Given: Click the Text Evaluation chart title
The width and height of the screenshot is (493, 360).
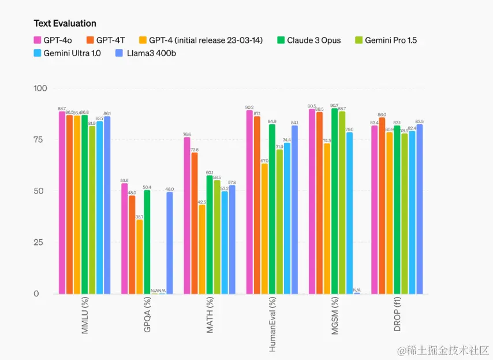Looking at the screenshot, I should pyautogui.click(x=65, y=23).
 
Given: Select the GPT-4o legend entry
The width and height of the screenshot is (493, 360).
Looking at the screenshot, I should pyautogui.click(x=57, y=40).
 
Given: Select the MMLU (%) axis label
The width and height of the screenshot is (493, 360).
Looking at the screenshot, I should pyautogui.click(x=84, y=316).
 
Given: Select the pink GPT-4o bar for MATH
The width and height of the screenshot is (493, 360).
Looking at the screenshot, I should pyautogui.click(x=187, y=215).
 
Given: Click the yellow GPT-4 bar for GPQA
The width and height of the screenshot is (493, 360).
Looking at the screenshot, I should pyautogui.click(x=139, y=257).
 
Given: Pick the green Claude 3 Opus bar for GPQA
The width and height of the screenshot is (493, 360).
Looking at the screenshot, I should pyautogui.click(x=147, y=242).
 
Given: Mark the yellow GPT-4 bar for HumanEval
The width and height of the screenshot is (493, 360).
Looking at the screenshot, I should pyautogui.click(x=264, y=229).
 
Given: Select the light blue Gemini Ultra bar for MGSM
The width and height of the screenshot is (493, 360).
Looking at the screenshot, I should pyautogui.click(x=349, y=213).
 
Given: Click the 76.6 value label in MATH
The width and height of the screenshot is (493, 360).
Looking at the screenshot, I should pyautogui.click(x=187, y=134).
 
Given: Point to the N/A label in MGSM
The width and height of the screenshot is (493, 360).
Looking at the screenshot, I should pyautogui.click(x=357, y=290).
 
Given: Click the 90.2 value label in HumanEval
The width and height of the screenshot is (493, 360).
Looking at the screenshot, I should pyautogui.click(x=249, y=107).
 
